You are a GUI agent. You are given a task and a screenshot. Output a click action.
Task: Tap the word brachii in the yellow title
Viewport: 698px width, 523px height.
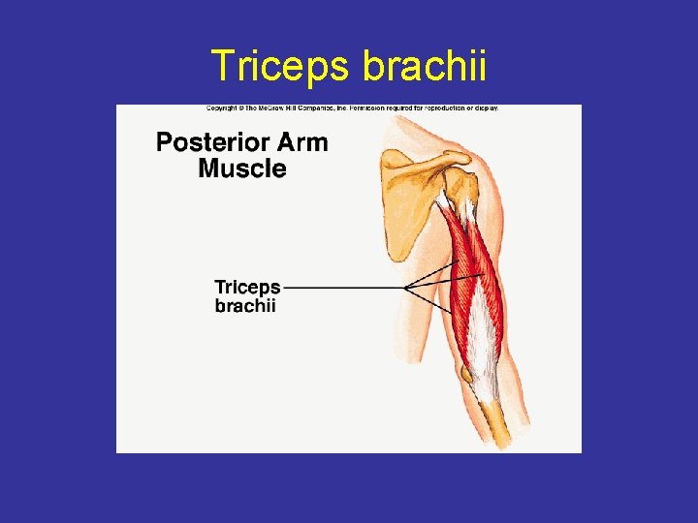click(x=425, y=66)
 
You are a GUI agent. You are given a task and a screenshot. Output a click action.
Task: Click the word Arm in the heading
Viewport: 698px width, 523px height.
click(x=302, y=142)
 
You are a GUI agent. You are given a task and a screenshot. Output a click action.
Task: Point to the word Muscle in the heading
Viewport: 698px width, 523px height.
click(x=242, y=169)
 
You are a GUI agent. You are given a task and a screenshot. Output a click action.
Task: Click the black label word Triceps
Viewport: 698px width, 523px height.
click(x=247, y=288)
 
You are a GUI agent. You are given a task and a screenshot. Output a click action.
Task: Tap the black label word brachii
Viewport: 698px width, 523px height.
click(x=245, y=306)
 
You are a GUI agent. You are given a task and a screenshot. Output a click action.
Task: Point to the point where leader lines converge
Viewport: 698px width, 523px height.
click(x=405, y=288)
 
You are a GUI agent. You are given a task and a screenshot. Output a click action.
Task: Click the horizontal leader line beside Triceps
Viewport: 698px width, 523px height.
click(x=344, y=288)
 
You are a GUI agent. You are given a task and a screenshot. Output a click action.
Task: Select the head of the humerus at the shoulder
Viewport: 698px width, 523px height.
click(x=461, y=184)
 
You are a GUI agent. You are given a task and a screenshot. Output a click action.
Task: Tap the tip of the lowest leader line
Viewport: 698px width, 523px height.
click(x=453, y=313)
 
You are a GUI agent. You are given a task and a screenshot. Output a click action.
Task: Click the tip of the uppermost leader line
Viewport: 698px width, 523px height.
click(x=458, y=262)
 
